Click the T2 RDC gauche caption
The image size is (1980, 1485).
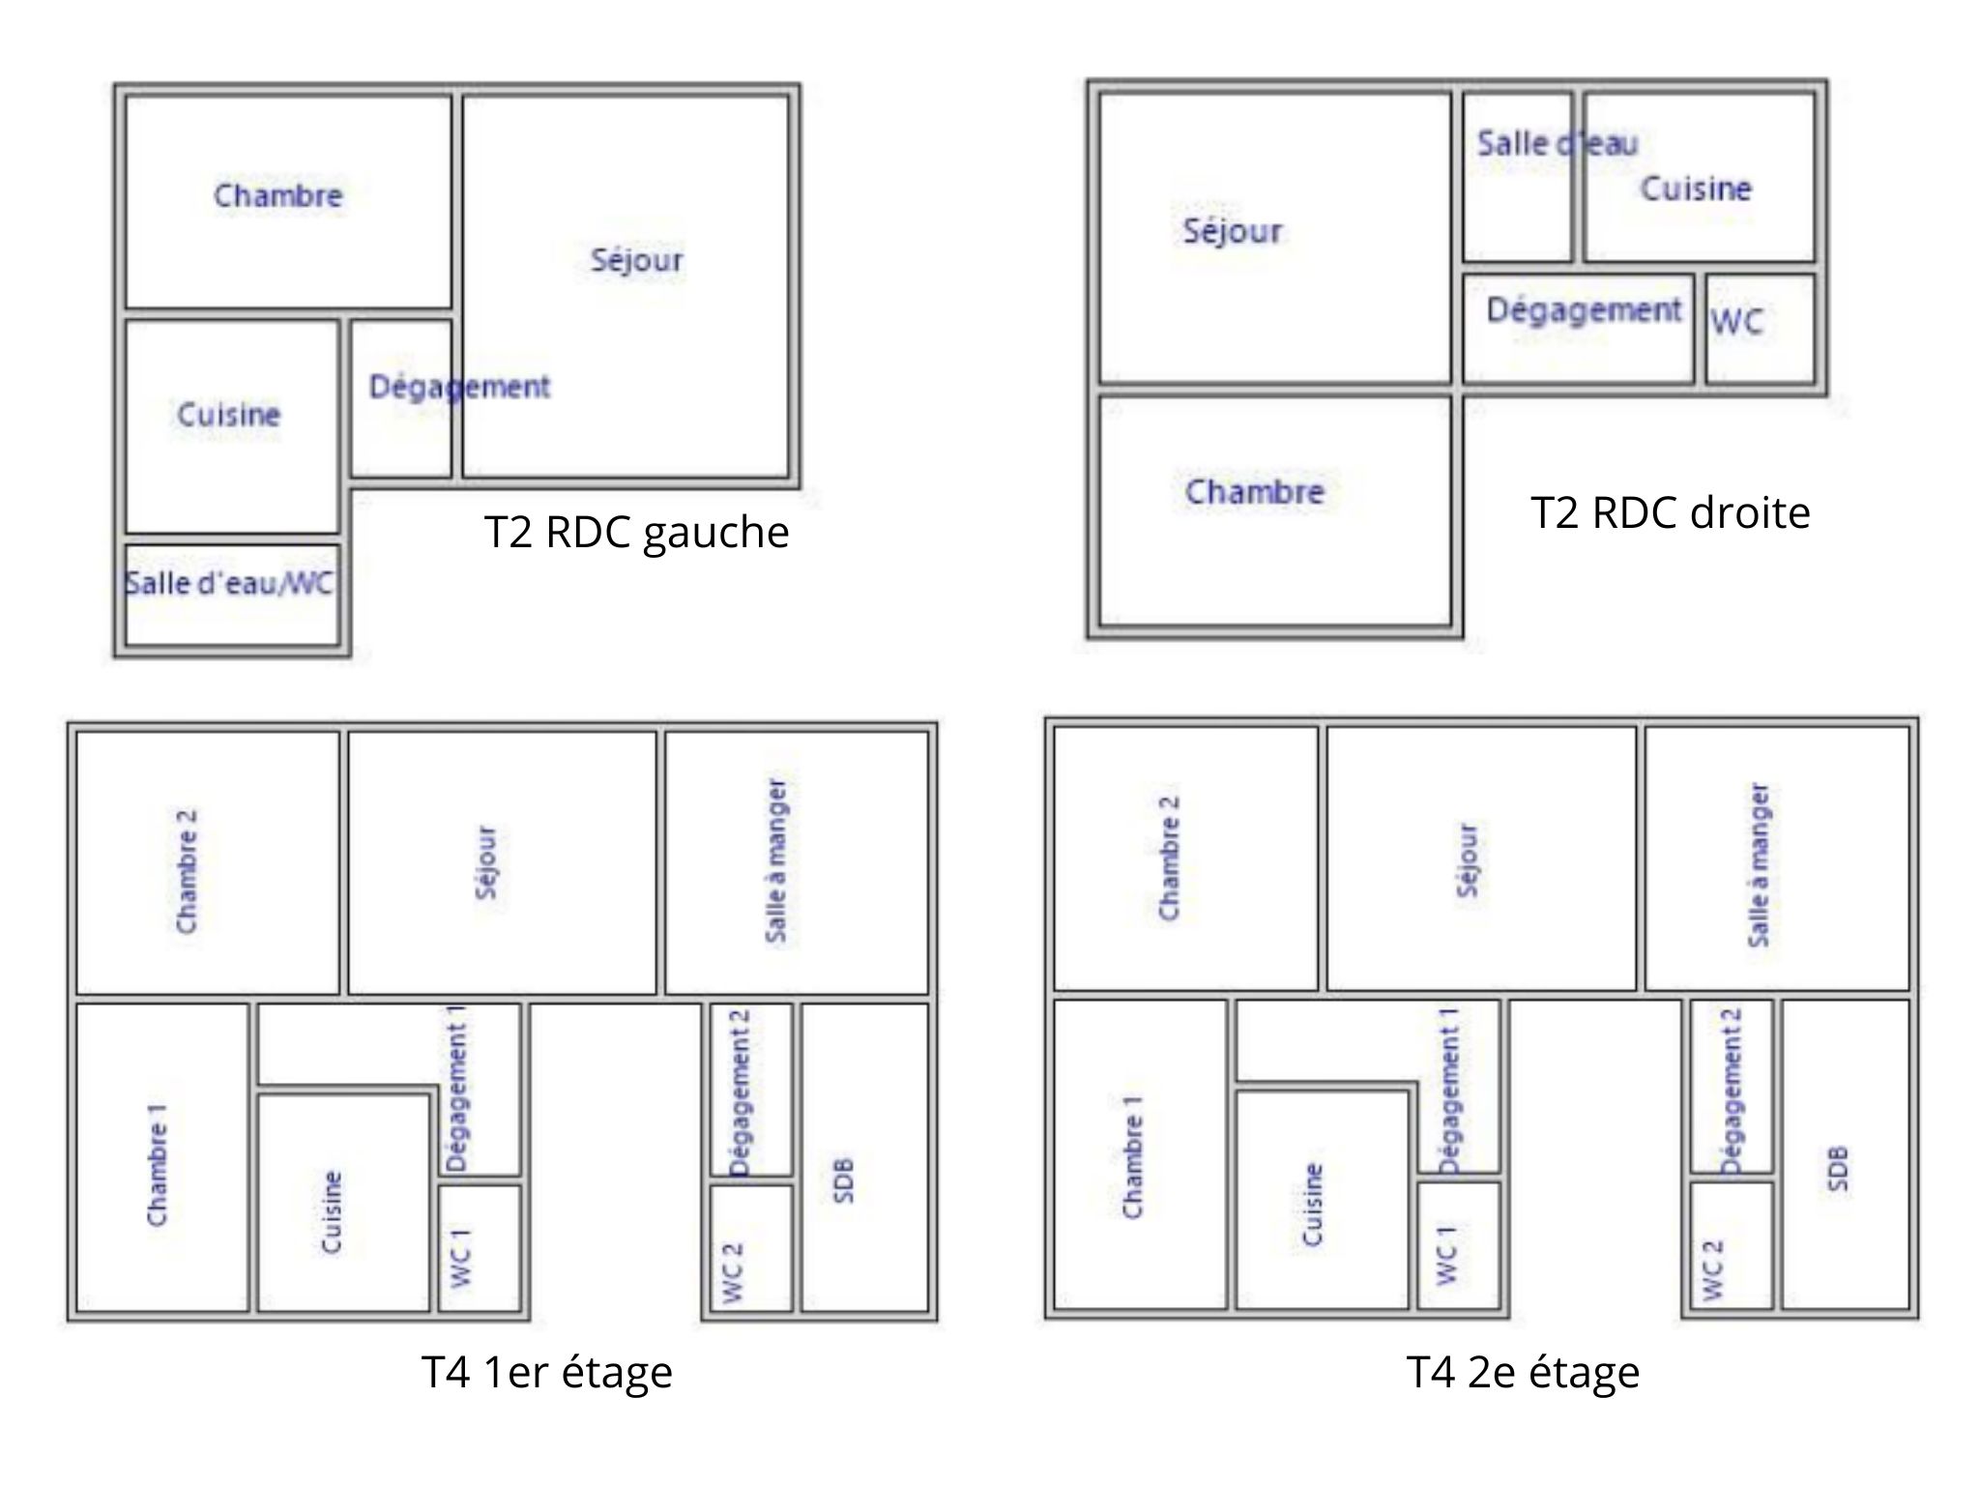point(636,533)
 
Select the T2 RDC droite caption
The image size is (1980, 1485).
point(1671,512)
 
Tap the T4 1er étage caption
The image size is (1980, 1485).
point(547,1372)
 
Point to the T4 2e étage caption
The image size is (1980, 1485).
point(1524,1372)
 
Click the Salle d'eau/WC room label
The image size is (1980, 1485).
point(229,583)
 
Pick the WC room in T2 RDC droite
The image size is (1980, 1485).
point(1760,329)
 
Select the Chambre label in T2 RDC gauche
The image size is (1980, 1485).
point(278,195)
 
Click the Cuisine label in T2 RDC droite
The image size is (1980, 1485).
point(1696,188)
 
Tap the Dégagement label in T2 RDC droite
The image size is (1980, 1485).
point(1585,310)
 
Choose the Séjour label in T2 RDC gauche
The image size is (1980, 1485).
point(637,259)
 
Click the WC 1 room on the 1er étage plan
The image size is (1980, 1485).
point(480,1248)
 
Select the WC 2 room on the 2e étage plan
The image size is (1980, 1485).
point(1732,1245)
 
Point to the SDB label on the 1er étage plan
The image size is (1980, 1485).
point(843,1179)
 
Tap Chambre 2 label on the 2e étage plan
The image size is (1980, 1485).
point(1169,859)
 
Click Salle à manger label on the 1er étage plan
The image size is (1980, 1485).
point(776,860)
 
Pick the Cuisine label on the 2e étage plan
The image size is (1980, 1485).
point(1312,1205)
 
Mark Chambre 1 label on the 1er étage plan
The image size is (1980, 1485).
point(157,1166)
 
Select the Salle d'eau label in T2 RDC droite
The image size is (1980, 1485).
point(1558,144)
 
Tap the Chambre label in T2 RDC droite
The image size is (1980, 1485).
point(1255,491)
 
